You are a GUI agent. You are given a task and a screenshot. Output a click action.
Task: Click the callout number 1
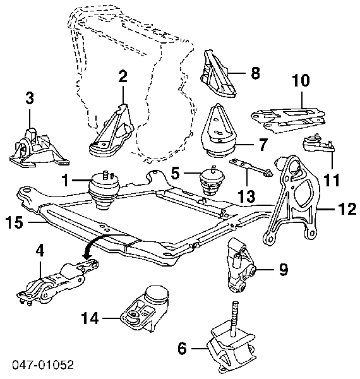point(66,180)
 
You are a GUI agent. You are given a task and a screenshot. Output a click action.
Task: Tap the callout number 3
point(30,99)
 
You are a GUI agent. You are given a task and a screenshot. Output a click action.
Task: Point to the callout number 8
point(255,73)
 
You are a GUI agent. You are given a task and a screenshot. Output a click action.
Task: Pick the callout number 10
point(301,80)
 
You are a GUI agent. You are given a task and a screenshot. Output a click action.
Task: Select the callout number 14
point(90,318)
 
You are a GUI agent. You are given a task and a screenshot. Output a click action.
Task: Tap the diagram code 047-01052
point(43,364)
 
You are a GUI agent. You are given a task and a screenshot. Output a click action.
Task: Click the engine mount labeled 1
point(105,190)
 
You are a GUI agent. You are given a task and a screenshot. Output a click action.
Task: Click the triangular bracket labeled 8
point(218,73)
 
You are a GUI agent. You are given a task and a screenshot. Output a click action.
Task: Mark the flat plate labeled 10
point(289,120)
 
